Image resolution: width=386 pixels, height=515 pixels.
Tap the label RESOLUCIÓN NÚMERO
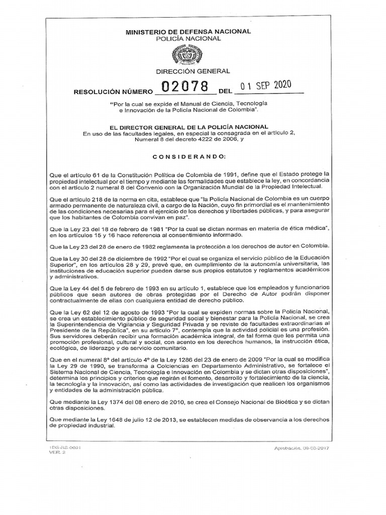(x=113, y=93)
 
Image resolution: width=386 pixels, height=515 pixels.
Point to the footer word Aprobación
(x=288, y=447)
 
